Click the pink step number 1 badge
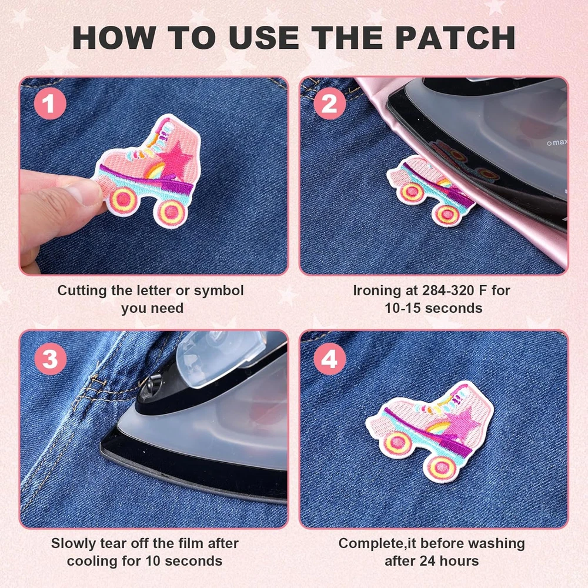[50, 103]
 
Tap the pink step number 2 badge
[330, 103]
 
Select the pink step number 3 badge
[50, 359]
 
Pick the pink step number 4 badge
[330, 359]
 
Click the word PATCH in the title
[455, 38]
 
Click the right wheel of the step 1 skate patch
[171, 211]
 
